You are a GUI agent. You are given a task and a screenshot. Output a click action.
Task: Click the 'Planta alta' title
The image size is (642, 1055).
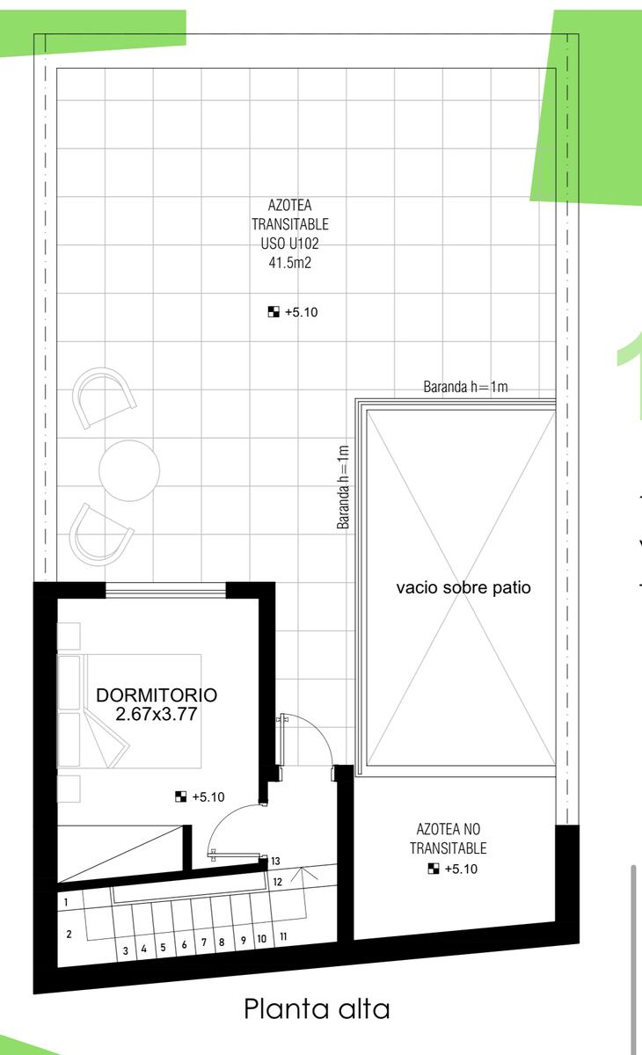coord(317,1009)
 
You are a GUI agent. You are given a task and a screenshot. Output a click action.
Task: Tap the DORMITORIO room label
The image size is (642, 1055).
coord(157,695)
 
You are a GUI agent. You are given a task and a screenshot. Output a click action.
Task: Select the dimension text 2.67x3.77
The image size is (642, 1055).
coord(157,714)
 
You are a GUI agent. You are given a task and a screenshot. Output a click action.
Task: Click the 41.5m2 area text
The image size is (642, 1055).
coord(290,262)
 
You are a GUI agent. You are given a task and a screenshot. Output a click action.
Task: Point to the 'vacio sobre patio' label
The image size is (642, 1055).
coord(463,587)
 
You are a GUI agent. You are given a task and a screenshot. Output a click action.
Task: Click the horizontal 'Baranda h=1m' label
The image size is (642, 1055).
coord(465,387)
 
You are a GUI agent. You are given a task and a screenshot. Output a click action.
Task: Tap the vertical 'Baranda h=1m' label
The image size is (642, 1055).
coord(343,487)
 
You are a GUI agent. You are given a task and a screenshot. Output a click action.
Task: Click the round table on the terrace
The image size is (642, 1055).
coord(129,470)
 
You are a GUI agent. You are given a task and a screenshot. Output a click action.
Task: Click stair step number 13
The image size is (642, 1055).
coord(275,861)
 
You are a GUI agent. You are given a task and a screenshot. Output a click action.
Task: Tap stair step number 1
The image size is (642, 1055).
coord(66,902)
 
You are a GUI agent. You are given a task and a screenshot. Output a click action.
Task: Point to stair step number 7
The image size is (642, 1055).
coord(203,942)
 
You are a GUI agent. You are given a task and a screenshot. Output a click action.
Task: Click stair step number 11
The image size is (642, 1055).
coord(283,936)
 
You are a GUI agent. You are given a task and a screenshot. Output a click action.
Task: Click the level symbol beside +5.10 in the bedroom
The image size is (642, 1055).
coord(180,797)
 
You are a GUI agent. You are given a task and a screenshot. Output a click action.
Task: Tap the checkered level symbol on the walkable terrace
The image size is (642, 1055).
coord(274,312)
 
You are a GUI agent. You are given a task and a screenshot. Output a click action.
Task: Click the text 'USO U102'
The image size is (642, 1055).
coord(290,243)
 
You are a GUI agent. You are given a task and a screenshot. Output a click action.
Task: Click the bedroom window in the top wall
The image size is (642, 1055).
coord(166,590)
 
